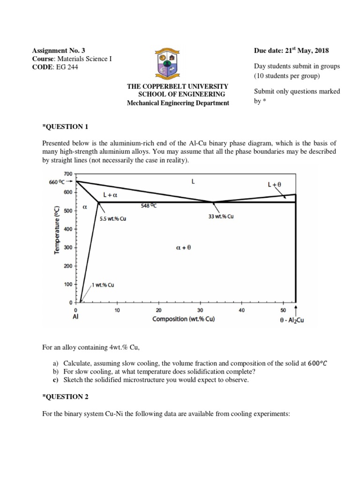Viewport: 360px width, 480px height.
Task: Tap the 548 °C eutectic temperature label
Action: pos(149,205)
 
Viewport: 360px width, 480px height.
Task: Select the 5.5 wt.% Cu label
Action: pos(112,218)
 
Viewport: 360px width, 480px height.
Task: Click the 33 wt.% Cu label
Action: pos(221,217)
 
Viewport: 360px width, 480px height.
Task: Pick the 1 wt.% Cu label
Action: pos(103,285)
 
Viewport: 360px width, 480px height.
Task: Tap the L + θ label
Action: pos(274,185)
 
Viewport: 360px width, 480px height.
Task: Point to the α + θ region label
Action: pos(183,248)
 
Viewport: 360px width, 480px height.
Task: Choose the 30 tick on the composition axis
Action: pos(200,310)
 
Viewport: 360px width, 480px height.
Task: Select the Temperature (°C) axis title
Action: pos(57,230)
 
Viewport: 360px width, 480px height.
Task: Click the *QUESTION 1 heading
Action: pos(65,127)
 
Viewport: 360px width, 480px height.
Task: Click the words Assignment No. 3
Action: pos(59,50)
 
